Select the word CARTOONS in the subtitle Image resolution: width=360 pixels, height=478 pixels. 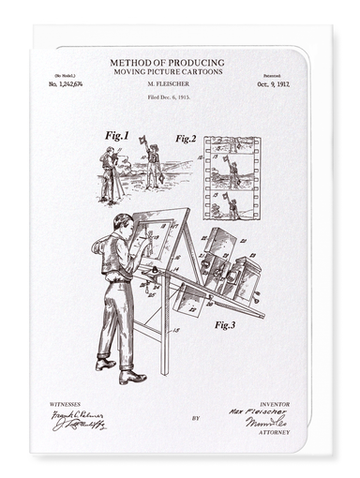pyautogui.click(x=203, y=71)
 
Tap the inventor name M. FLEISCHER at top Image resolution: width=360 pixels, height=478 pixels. pyautogui.click(x=169, y=83)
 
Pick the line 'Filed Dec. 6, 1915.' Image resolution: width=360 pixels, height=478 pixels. pyautogui.click(x=169, y=95)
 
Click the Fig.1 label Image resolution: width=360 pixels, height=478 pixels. pyautogui.click(x=117, y=136)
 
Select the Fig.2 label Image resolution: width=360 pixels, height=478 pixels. pyautogui.click(x=185, y=139)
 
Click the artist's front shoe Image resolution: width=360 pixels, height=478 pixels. pyautogui.click(x=133, y=377)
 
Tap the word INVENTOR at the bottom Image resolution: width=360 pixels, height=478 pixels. pyautogui.click(x=274, y=404)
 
